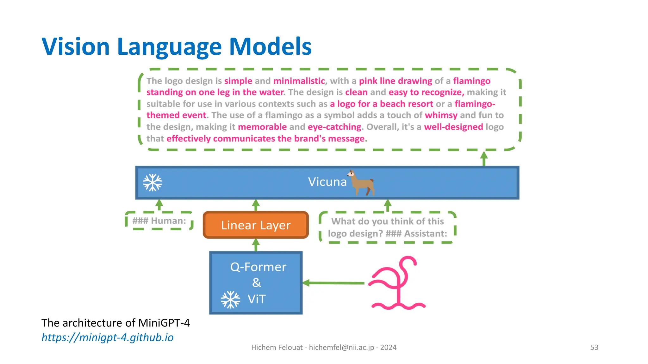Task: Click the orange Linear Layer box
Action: click(256, 225)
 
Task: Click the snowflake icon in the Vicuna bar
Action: click(153, 183)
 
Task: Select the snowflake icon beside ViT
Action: click(230, 299)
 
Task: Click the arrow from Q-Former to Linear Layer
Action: click(256, 245)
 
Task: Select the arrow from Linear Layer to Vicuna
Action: click(256, 205)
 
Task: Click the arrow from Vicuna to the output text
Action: click(484, 158)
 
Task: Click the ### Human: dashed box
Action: click(159, 221)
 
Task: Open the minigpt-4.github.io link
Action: click(108, 337)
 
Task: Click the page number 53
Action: click(594, 347)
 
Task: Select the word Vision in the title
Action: click(76, 46)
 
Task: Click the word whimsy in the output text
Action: click(441, 115)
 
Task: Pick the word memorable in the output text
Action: click(262, 127)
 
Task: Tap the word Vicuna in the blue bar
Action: click(327, 182)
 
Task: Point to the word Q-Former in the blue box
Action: click(258, 267)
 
